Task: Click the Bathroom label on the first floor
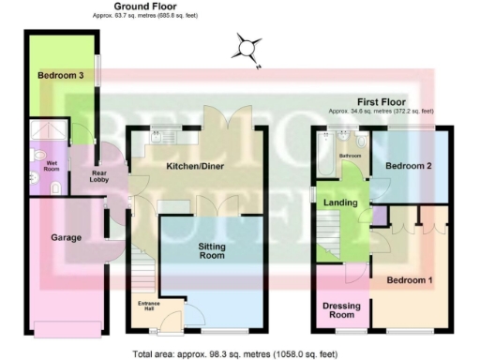tap(351, 155)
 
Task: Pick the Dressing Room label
tap(341, 311)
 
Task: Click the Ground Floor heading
tap(141, 7)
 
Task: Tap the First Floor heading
tap(381, 100)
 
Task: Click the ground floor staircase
tap(142, 271)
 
